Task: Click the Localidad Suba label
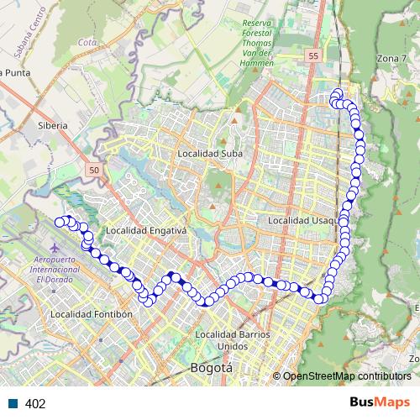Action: click(x=210, y=154)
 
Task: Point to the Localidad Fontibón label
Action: click(x=92, y=314)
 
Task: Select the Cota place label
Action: click(x=86, y=40)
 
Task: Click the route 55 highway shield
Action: click(x=314, y=55)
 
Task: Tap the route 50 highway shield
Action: click(x=92, y=171)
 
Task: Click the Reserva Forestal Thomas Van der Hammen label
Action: click(x=259, y=42)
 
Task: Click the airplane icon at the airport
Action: click(x=55, y=249)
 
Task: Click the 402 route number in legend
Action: click(x=35, y=403)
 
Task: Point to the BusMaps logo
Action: click(x=380, y=402)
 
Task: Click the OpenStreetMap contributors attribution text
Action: click(x=347, y=375)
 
